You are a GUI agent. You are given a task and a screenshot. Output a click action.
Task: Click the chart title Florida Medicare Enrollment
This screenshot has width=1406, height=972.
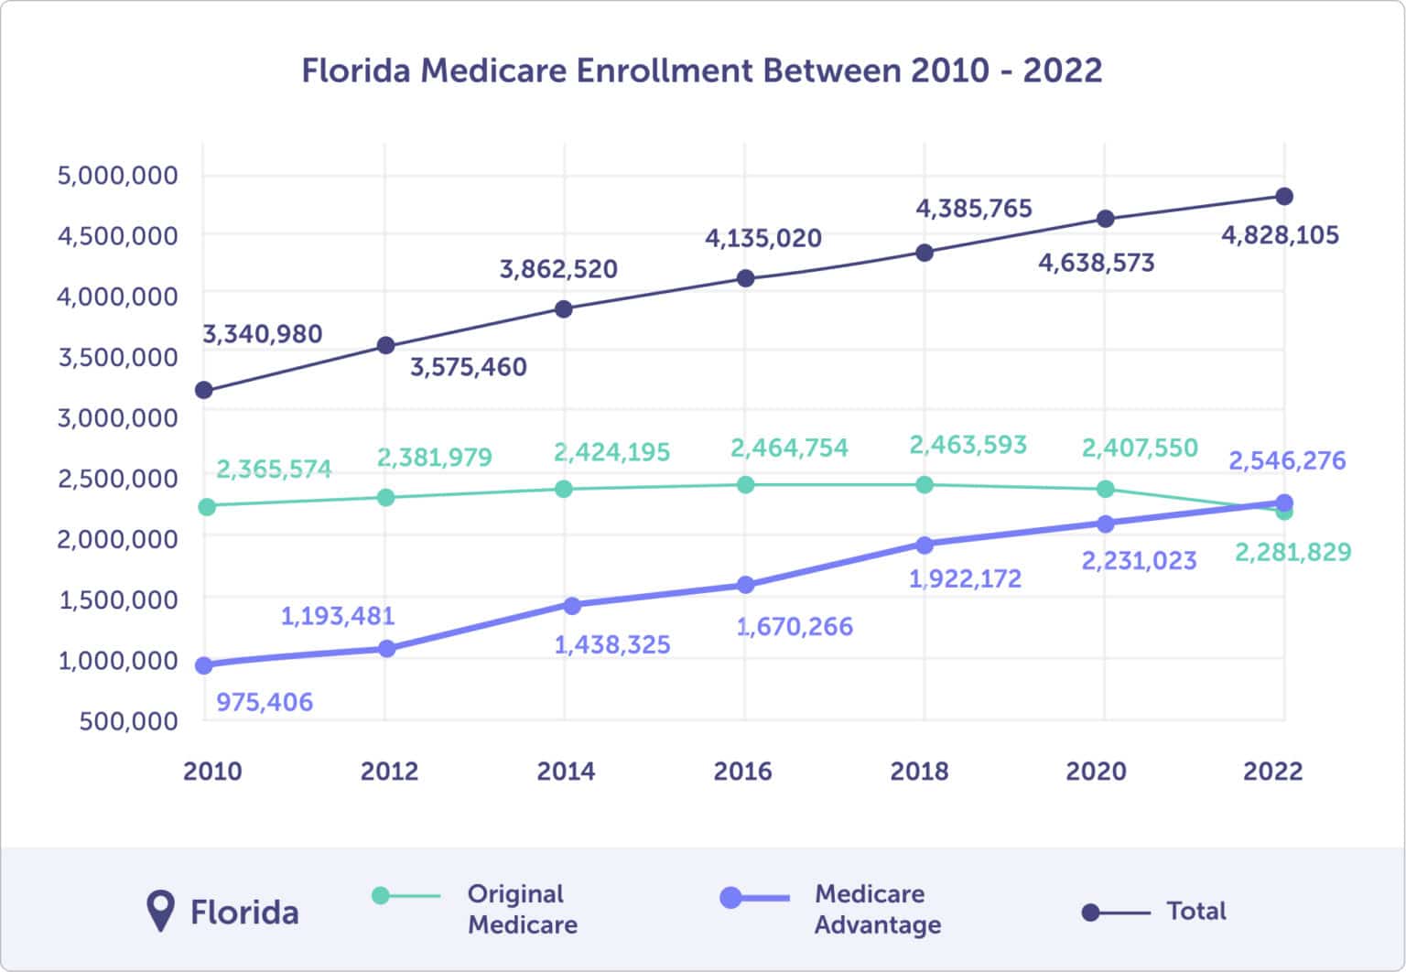click(x=701, y=71)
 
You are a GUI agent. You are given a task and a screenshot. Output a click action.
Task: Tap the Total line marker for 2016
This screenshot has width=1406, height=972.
click(x=745, y=278)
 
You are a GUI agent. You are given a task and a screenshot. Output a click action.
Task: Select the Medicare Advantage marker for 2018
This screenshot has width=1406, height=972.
click(x=925, y=545)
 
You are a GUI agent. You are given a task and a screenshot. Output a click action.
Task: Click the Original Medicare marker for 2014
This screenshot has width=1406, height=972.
click(x=564, y=489)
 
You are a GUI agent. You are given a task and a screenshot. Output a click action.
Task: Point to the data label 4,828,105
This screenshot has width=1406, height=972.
click(x=1280, y=235)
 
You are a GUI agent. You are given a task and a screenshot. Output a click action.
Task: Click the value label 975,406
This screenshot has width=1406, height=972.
click(x=265, y=702)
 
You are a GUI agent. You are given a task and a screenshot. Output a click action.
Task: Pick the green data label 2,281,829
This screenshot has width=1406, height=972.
click(x=1292, y=552)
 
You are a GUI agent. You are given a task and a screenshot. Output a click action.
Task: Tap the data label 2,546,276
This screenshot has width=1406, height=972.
click(x=1287, y=459)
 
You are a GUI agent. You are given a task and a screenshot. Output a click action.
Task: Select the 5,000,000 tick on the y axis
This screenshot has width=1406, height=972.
click(x=118, y=175)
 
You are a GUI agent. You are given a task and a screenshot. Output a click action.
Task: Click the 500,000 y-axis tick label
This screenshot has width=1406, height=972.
click(x=128, y=720)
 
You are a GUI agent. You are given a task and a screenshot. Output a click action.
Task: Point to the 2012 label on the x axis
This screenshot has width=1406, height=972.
click(x=389, y=771)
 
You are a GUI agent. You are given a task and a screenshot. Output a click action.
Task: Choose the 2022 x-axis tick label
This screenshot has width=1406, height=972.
click(x=1272, y=771)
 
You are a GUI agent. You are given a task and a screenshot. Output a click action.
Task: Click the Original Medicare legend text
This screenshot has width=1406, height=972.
click(x=522, y=909)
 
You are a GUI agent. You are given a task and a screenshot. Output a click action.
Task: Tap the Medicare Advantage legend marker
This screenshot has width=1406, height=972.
click(x=731, y=898)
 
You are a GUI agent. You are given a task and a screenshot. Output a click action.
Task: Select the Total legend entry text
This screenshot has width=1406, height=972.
click(x=1195, y=911)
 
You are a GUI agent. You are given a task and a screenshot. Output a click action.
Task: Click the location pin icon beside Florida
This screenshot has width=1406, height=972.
click(x=161, y=911)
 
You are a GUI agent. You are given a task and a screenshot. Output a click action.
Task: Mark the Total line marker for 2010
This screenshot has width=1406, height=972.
click(x=204, y=391)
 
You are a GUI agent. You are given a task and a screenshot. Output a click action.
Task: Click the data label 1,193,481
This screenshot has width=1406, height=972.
click(x=337, y=616)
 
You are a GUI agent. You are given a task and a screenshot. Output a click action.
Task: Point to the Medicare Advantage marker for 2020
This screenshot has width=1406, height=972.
click(x=1105, y=524)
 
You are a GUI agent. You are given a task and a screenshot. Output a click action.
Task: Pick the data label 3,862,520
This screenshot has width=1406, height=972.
click(x=558, y=269)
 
